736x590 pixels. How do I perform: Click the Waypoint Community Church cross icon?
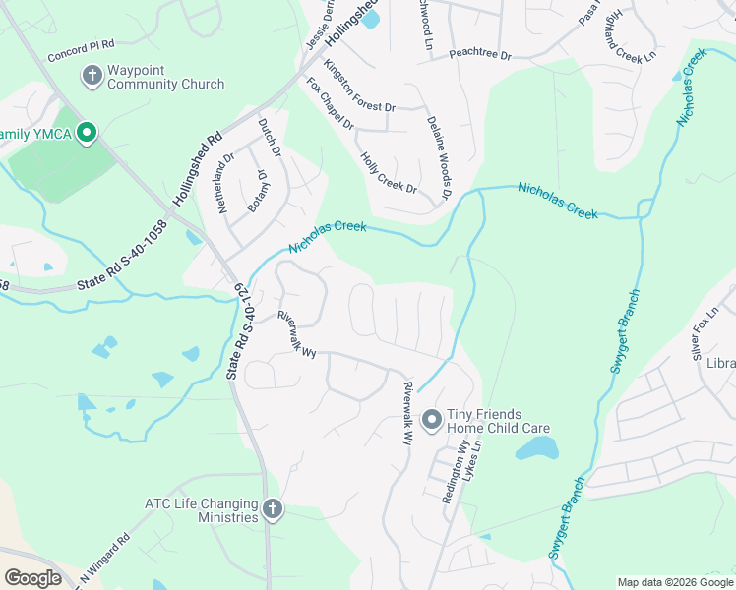(92, 75)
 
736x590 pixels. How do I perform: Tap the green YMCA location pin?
(87, 133)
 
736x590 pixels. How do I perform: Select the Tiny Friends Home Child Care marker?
(430, 421)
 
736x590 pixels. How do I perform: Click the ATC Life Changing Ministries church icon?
(273, 509)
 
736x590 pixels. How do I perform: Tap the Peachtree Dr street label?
(480, 55)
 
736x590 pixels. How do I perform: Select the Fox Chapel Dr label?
(330, 104)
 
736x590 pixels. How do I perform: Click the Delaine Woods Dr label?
(438, 157)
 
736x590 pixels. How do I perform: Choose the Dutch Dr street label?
(270, 139)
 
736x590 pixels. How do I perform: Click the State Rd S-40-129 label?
(241, 332)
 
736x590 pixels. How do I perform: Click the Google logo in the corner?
(33, 577)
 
